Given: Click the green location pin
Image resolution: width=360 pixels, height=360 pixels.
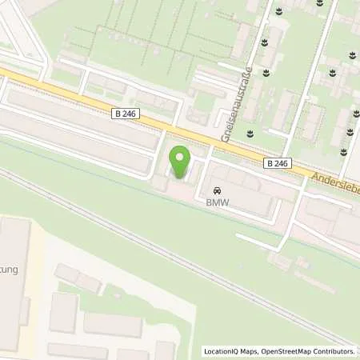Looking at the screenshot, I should click(x=180, y=163).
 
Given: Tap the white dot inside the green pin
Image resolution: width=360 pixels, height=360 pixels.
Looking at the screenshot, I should click(x=180, y=158).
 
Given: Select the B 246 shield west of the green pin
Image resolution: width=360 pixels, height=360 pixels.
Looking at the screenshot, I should click(x=126, y=114).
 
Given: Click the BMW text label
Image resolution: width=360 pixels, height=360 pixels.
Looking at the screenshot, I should click(x=216, y=204).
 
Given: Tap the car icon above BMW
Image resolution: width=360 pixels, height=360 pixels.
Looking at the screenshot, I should click(x=216, y=191).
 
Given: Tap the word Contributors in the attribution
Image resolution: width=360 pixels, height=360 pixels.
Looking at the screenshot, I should click(x=334, y=351).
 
